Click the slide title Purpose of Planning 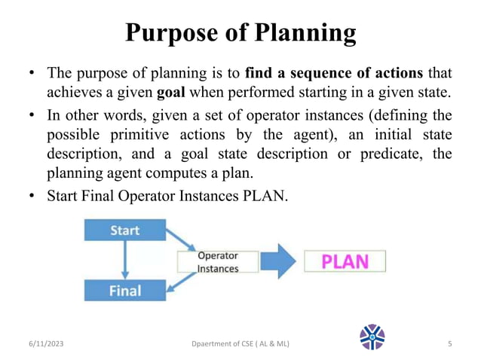[x=240, y=32]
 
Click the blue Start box [x=124, y=230]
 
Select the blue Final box [x=124, y=289]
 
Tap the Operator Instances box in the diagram [x=217, y=262]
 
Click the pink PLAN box [x=345, y=261]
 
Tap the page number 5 [x=449, y=344]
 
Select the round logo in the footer [x=372, y=337]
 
